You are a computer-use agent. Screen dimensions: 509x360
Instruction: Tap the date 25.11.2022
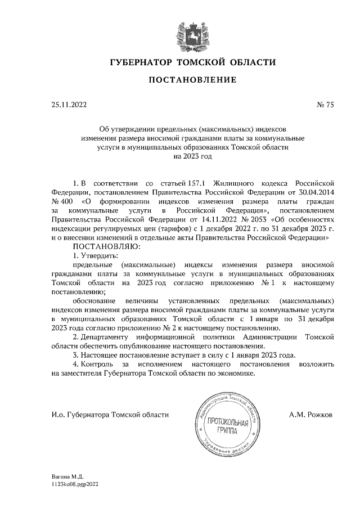pos(65,104)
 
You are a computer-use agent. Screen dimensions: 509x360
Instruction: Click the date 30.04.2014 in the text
pos(314,191)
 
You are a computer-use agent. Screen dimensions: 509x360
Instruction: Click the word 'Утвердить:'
pos(98,256)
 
